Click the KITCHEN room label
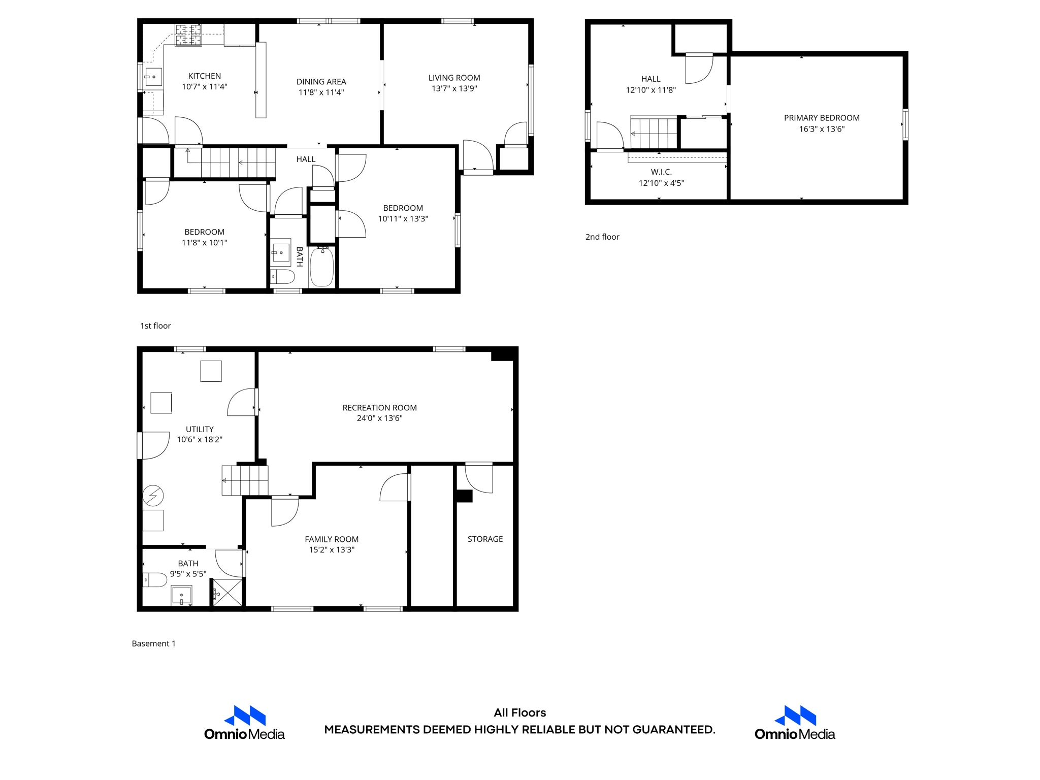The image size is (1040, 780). pyautogui.click(x=204, y=76)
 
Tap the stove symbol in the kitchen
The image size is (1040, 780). pyautogui.click(x=188, y=35)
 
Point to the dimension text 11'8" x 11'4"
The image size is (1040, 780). pyautogui.click(x=321, y=92)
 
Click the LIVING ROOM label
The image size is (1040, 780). pyautogui.click(x=454, y=78)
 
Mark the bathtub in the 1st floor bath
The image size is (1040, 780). pyautogui.click(x=321, y=267)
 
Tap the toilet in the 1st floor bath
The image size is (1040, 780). pyautogui.click(x=282, y=277)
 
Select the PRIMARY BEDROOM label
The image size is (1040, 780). pyautogui.click(x=821, y=118)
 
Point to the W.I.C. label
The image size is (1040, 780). pyautogui.click(x=661, y=172)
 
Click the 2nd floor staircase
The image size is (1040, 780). pyautogui.click(x=654, y=133)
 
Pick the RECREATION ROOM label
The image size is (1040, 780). pyautogui.click(x=379, y=408)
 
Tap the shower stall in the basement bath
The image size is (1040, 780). pyautogui.click(x=227, y=593)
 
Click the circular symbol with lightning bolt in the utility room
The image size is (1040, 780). pyautogui.click(x=153, y=496)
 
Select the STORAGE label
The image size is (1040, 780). pyautogui.click(x=485, y=539)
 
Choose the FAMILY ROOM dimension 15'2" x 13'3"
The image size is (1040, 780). pyautogui.click(x=332, y=549)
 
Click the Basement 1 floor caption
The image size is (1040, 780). pyautogui.click(x=153, y=643)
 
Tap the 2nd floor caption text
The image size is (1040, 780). pyautogui.click(x=602, y=237)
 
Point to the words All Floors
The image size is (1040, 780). pyautogui.click(x=519, y=712)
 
